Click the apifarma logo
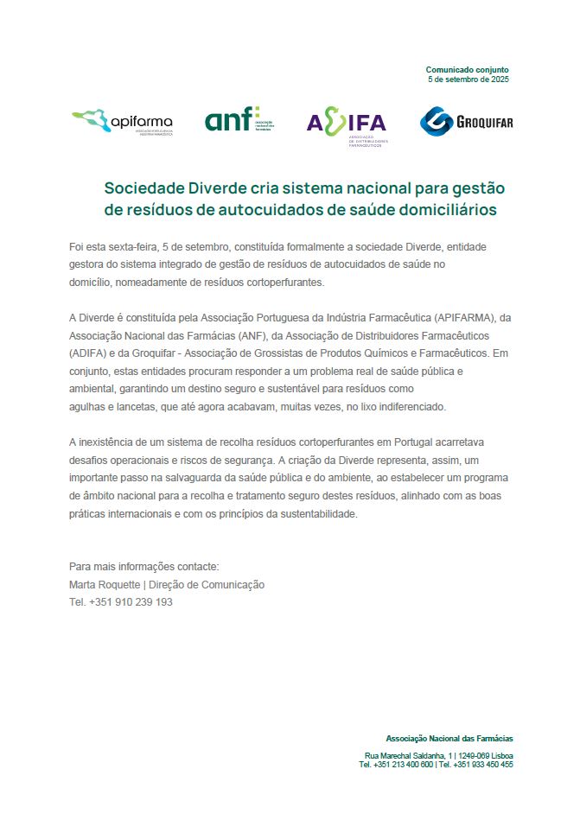click(x=122, y=122)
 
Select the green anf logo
click(x=239, y=119)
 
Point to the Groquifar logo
click(x=466, y=122)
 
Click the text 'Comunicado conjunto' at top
click(x=467, y=69)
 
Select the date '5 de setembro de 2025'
click(x=468, y=79)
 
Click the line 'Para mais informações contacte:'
click(x=144, y=567)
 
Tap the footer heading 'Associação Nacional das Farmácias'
click(x=449, y=738)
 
